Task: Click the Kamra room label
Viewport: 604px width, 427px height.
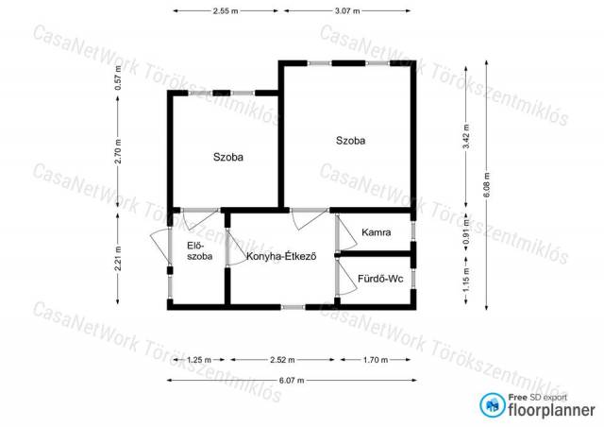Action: (376, 232)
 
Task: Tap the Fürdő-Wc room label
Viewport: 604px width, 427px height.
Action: (380, 279)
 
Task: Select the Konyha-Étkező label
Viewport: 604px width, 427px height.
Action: (281, 256)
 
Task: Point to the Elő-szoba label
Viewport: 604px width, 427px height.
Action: (199, 250)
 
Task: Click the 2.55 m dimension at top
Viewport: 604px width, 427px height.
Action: (226, 10)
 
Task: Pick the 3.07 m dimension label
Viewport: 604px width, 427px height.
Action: (347, 10)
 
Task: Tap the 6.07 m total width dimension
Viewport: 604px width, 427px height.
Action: (292, 381)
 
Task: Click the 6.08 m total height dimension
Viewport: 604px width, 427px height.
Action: (487, 185)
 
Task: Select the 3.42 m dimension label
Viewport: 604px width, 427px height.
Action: (466, 137)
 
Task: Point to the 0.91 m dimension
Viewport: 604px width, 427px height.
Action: (466, 231)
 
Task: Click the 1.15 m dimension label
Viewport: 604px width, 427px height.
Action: (466, 280)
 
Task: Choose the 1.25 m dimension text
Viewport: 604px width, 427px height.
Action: (199, 360)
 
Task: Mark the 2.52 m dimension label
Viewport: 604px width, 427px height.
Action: (282, 360)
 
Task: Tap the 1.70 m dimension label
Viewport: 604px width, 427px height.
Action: (376, 360)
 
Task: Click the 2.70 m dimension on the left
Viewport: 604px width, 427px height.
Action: (118, 151)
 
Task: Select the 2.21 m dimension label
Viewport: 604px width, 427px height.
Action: (118, 259)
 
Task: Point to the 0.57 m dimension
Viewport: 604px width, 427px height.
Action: (118, 77)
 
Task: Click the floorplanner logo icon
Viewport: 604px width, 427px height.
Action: (493, 405)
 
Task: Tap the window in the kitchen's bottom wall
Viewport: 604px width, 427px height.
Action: (294, 307)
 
